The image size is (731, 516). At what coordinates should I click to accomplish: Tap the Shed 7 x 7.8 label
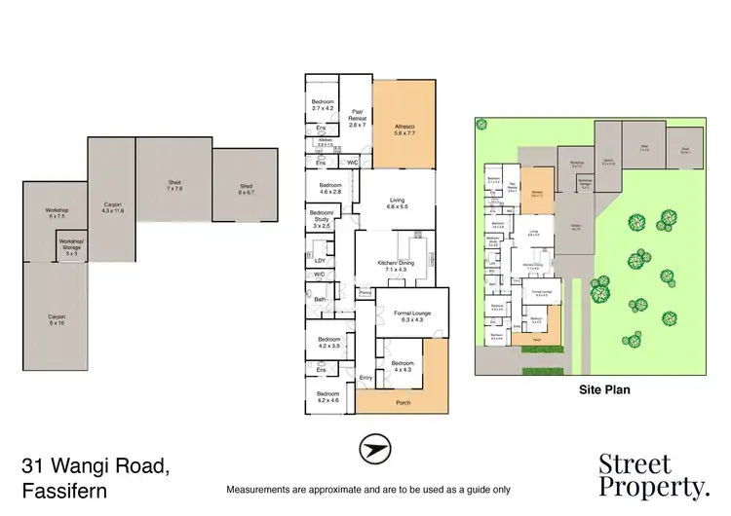(x=174, y=184)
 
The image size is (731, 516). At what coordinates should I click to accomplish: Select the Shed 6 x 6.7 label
(x=246, y=188)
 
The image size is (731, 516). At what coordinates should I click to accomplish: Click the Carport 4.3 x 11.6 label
(x=111, y=207)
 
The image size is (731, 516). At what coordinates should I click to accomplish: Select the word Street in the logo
(x=635, y=463)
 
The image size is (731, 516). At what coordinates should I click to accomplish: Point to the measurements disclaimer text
(x=367, y=489)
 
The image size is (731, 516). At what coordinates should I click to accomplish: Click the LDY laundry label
(x=319, y=260)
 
